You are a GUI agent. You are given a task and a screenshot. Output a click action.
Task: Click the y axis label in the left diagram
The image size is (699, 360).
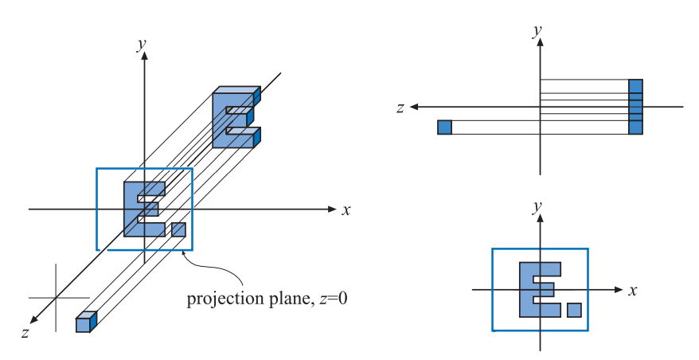tap(142, 45)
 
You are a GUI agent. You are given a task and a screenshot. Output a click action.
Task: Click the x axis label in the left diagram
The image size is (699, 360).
tap(346, 210)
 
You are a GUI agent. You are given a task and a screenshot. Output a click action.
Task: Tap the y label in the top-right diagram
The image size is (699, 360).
tap(538, 31)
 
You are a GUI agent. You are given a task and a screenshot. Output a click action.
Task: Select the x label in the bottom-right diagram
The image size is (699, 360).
tap(633, 290)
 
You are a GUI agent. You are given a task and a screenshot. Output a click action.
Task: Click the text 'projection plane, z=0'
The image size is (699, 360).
tap(267, 299)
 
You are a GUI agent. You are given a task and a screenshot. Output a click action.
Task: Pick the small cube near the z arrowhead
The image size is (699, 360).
tap(84, 323)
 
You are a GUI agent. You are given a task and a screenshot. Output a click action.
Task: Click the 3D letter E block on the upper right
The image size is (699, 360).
tap(234, 119)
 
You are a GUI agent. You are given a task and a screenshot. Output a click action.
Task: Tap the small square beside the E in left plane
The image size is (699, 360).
tap(178, 229)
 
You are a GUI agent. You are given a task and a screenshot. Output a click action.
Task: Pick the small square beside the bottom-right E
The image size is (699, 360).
tap(574, 309)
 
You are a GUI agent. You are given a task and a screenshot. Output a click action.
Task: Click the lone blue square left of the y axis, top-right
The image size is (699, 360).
tap(444, 127)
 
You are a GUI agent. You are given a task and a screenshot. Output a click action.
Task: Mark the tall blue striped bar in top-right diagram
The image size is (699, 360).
tap(635, 107)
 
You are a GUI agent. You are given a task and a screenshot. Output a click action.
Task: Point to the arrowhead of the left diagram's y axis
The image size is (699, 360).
tap(143, 60)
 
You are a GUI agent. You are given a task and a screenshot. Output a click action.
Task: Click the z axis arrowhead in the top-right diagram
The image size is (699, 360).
tap(416, 106)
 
